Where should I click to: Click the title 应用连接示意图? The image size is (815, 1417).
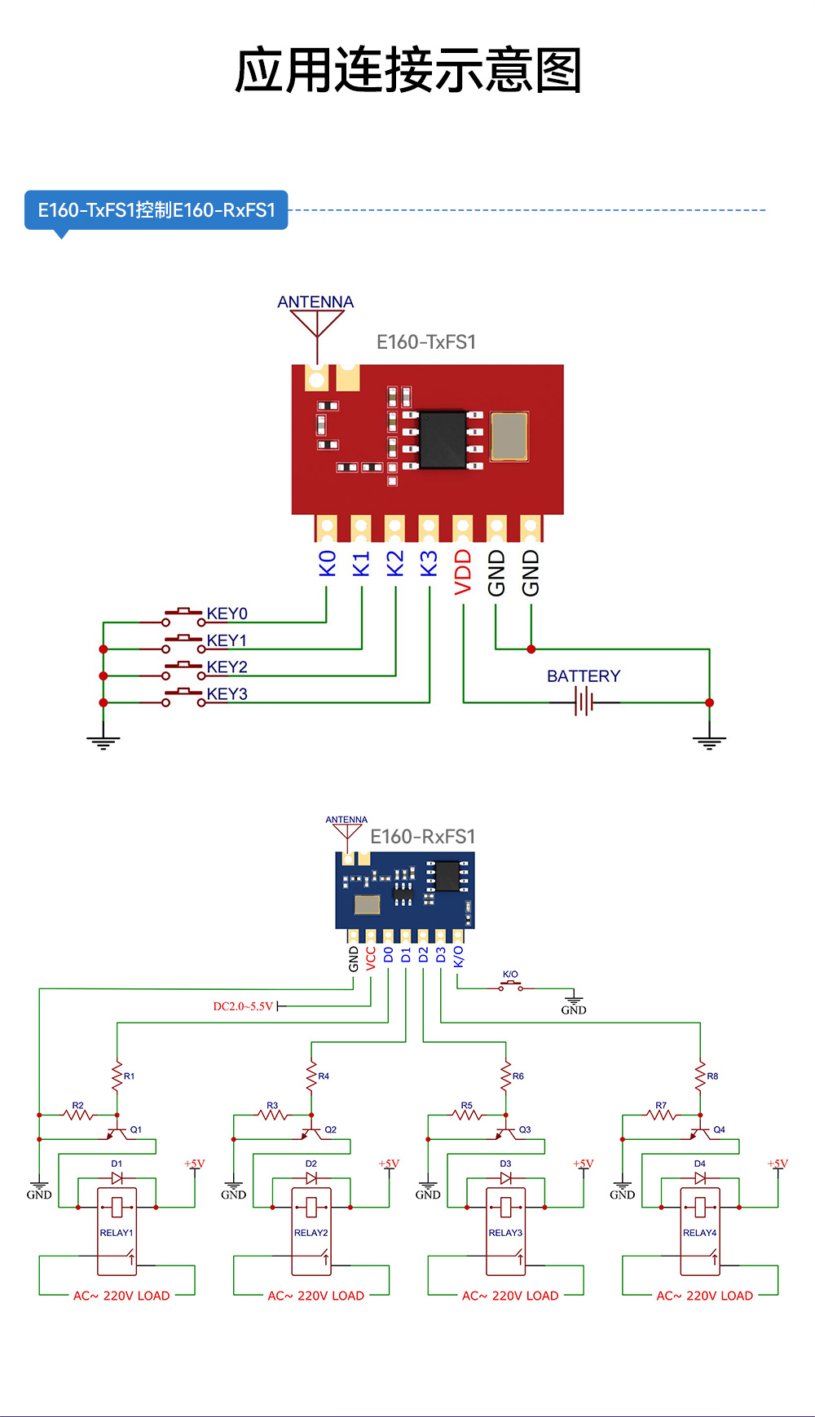coord(407,70)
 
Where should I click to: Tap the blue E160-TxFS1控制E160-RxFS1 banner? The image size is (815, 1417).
coord(156,210)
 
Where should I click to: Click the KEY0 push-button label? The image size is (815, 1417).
coord(227,614)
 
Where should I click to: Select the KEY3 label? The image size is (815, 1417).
coord(227,694)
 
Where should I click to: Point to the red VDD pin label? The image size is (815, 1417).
coord(463,572)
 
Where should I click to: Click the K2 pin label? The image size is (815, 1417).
coord(395,564)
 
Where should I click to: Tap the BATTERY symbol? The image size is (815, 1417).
coord(584,701)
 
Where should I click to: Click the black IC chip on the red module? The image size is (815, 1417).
coord(443,440)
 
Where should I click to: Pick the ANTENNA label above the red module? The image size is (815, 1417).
coord(315,302)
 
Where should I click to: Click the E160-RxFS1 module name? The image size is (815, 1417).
coord(422,837)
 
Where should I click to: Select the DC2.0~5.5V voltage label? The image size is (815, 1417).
coord(243,1007)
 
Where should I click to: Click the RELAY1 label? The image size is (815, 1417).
coord(117,1233)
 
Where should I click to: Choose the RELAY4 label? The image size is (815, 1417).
coord(699,1233)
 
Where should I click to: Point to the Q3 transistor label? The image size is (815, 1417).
coord(525,1130)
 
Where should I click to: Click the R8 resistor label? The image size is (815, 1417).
coord(712,1076)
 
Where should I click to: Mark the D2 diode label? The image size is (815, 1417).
coord(311,1164)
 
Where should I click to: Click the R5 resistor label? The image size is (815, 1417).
coord(466,1106)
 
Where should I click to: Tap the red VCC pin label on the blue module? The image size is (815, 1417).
coord(371,957)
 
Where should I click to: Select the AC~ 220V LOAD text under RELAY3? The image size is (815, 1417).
coord(510,1296)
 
